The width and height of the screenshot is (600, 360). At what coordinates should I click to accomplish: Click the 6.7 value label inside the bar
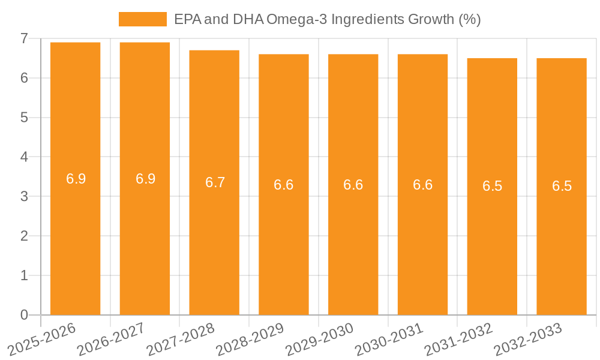[215, 182]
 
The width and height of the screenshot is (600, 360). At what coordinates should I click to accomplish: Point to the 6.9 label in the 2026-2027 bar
[145, 178]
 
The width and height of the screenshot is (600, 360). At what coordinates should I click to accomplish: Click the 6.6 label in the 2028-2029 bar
[284, 185]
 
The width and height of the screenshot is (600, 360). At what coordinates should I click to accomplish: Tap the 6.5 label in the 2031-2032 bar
[492, 186]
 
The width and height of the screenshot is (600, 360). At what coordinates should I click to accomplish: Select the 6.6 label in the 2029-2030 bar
[353, 185]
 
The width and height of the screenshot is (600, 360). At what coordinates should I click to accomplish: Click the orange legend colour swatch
[143, 19]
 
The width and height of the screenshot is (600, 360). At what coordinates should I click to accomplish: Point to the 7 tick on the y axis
[24, 38]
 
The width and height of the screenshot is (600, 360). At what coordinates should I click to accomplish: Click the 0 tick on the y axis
[24, 315]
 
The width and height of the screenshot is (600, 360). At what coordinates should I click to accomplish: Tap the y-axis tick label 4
[24, 157]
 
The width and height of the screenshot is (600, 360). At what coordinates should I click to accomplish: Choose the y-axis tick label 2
[24, 236]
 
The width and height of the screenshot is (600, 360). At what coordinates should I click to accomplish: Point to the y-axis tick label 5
[24, 118]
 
